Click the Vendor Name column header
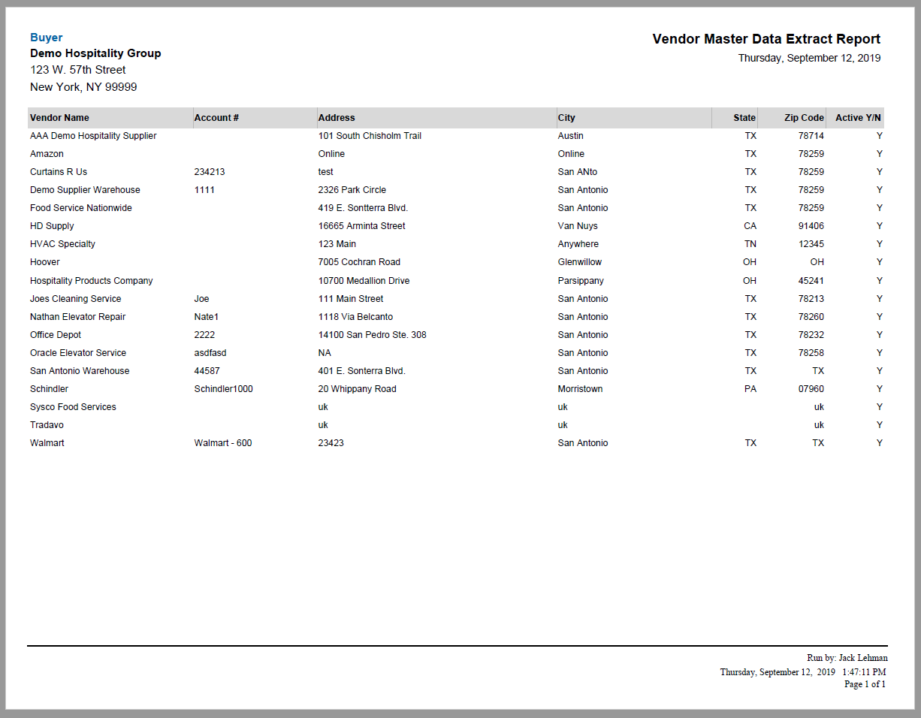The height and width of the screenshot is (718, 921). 59,118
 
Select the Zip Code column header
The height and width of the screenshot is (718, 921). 804,118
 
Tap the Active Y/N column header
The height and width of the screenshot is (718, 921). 859,118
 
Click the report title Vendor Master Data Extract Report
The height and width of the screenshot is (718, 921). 766,40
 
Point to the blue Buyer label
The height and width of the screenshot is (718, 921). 46,38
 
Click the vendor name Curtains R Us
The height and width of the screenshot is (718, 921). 59,172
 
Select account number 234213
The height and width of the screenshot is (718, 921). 210,172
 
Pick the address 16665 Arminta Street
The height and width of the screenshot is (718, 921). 361,226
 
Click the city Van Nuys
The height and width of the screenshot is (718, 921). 578,226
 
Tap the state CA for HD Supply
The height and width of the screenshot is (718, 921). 750,226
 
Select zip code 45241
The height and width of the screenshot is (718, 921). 811,281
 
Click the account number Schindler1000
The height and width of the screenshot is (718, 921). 223,389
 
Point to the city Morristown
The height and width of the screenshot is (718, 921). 580,389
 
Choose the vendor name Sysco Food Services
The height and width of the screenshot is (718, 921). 73,407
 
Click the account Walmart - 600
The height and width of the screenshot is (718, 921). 223,443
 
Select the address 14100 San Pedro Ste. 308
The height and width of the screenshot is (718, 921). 372,335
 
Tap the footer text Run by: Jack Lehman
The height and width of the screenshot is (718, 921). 847,658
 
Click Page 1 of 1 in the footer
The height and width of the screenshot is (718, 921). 865,684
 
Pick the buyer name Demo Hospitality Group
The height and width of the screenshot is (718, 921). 95,53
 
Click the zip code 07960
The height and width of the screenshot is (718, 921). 811,389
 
